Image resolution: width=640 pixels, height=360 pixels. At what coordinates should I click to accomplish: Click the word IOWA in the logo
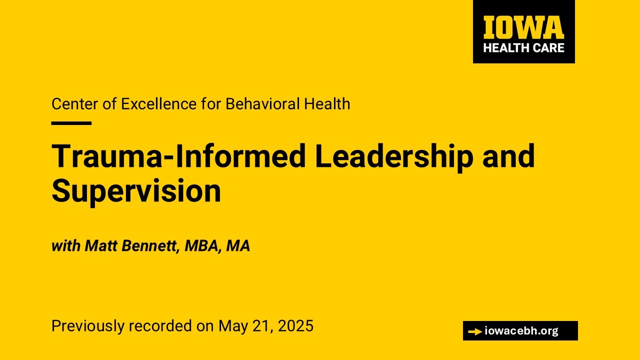(523, 27)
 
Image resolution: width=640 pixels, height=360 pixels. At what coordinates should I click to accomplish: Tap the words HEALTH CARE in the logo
(523, 47)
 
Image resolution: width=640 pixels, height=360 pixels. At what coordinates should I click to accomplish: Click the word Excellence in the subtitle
(159, 103)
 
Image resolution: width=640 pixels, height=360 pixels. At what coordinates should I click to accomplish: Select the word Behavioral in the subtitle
(263, 103)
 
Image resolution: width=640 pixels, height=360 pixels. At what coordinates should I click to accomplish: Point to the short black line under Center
(71, 123)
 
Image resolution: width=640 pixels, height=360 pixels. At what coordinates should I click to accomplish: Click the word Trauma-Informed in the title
(178, 156)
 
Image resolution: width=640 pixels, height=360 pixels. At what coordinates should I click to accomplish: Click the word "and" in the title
(508, 156)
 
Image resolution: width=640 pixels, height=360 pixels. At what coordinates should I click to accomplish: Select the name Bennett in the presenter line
(150, 245)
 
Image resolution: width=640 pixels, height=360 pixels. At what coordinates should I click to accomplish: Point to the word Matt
(101, 245)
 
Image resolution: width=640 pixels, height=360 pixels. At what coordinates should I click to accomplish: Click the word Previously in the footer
(88, 326)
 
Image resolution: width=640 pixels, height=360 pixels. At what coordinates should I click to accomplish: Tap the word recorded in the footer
(160, 325)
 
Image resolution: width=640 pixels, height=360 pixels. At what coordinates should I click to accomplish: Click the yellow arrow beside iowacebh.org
(475, 331)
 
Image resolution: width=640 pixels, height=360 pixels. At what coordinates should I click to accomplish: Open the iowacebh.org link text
(521, 331)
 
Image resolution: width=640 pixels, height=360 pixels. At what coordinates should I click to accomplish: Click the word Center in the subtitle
(75, 103)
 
